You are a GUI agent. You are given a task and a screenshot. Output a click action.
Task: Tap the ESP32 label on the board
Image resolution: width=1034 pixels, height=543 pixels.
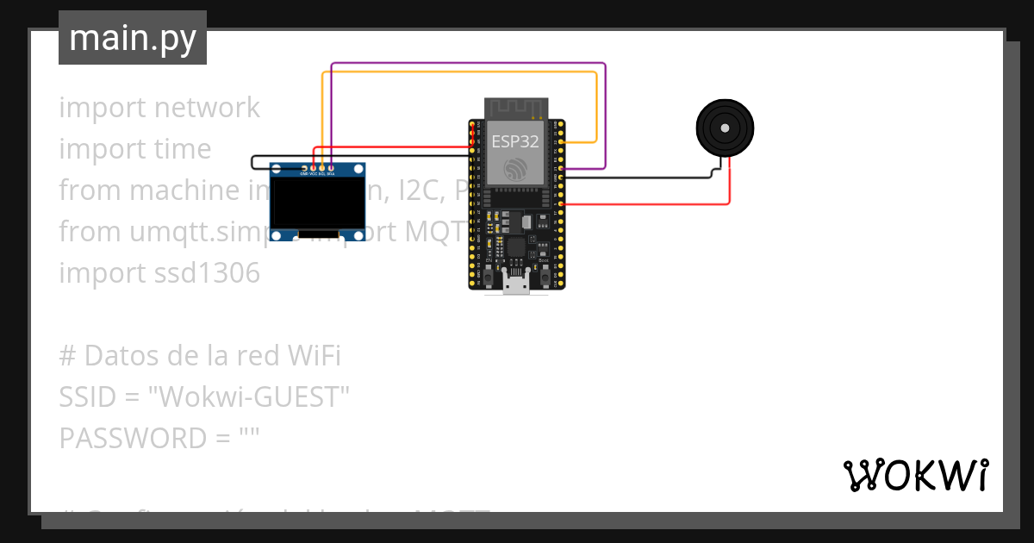pos(514,141)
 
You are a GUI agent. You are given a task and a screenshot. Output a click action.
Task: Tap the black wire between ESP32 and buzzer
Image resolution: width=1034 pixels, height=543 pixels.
pos(638,178)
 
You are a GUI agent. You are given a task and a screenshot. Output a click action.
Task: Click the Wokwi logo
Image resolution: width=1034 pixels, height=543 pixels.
pos(915,475)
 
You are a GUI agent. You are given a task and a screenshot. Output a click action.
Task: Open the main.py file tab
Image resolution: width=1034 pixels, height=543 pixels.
pos(133,39)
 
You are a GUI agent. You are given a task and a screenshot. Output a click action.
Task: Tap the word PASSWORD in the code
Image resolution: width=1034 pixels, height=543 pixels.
pos(129,439)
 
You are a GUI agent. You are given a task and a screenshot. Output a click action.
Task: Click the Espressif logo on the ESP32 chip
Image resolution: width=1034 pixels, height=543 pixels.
pos(516,168)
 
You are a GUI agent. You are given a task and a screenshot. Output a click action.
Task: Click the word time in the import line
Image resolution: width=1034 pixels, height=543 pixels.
pos(181,149)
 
